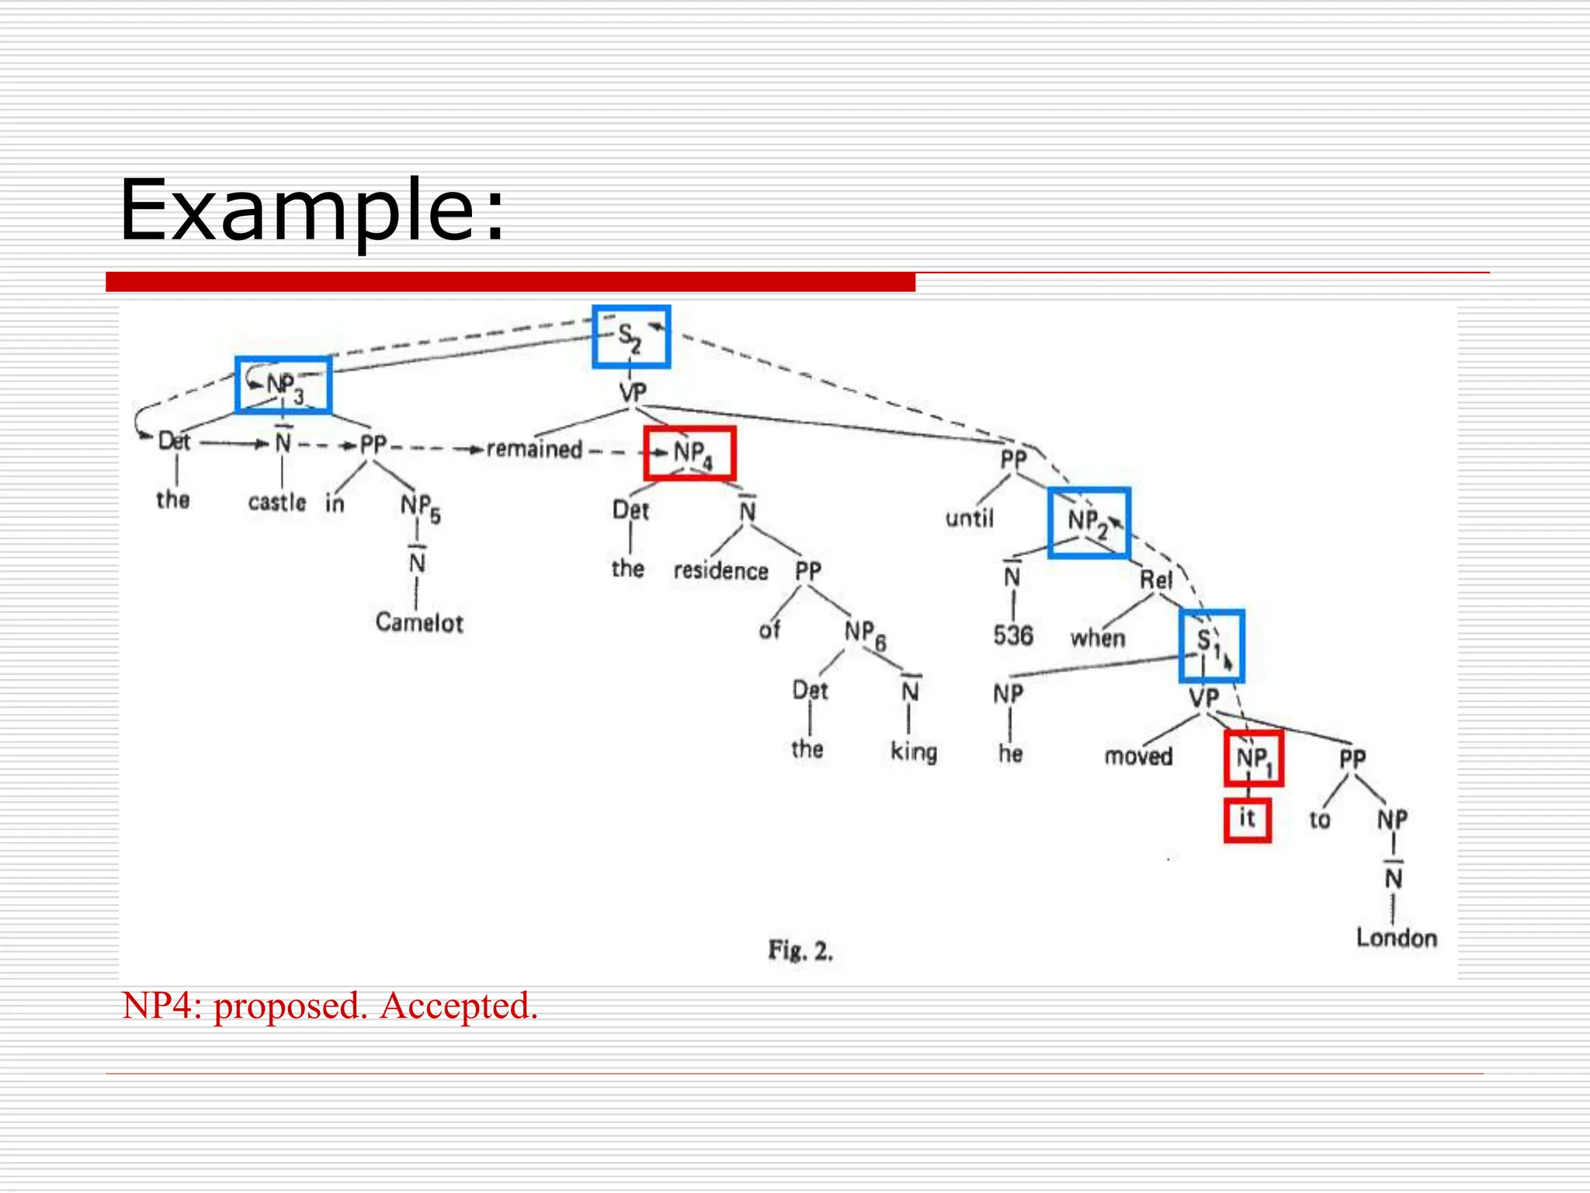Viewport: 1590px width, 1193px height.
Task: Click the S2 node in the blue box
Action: (630, 337)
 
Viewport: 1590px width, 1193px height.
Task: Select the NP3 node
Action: (283, 385)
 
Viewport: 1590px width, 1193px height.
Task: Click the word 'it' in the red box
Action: (1247, 819)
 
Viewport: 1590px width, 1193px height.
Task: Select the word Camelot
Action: (419, 622)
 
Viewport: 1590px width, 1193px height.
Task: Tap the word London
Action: (1396, 937)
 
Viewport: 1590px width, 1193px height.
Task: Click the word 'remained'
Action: (534, 449)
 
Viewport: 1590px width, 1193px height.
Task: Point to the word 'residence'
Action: (720, 571)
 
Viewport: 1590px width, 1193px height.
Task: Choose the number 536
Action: (1013, 635)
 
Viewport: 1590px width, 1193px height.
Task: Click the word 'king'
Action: (914, 752)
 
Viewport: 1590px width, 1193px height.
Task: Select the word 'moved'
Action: (1138, 756)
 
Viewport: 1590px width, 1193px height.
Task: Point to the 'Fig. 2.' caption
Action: (800, 950)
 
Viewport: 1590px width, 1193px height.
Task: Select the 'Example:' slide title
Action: (311, 210)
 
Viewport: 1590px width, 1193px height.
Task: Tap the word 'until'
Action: (969, 517)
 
